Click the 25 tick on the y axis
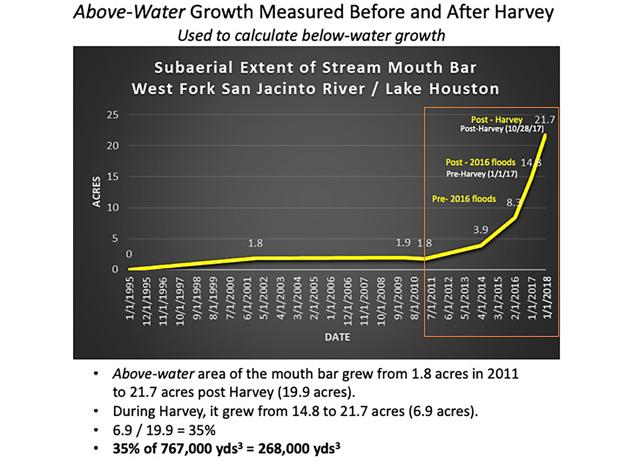click(x=112, y=115)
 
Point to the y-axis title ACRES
click(x=97, y=192)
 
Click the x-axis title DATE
click(x=337, y=337)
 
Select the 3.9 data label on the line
click(x=480, y=230)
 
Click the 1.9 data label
click(x=403, y=243)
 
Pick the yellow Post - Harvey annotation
click(x=497, y=120)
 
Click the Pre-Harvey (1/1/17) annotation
click(x=482, y=174)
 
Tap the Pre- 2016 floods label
click(x=464, y=199)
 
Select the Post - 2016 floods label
click(x=480, y=162)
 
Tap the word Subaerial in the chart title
click(x=194, y=68)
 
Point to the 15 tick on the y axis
click(x=112, y=177)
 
